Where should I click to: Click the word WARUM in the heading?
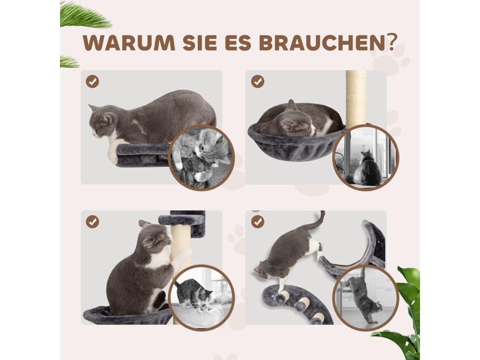pos(129,43)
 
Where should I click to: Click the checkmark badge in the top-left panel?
pos(92,82)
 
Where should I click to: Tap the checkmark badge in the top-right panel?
pos(258,82)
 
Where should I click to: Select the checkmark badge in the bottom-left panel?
pos(92,221)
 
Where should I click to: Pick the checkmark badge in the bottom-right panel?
pos(258,221)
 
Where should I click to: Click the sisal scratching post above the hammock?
pos(356,98)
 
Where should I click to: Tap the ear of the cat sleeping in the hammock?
pos(291,105)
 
